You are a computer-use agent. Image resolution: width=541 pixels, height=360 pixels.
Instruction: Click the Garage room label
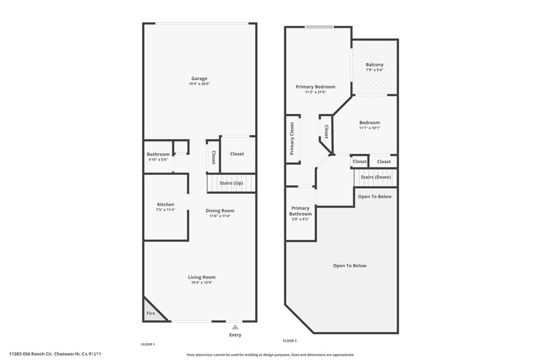point(199,79)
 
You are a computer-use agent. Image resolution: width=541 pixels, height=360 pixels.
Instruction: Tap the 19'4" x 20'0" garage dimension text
point(199,84)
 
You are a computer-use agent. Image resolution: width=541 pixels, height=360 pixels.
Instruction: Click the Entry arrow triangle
point(235,327)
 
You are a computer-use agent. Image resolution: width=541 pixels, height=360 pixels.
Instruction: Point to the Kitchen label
point(165,204)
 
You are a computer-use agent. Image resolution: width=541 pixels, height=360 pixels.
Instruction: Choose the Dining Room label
point(220,211)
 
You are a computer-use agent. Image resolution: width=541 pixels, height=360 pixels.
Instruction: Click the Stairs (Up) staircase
point(231,183)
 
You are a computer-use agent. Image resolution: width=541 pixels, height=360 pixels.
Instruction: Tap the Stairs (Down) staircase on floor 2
point(376,177)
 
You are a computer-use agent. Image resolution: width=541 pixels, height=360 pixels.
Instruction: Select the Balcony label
point(375,64)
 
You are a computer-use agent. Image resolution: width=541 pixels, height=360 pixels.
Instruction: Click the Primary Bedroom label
point(315,87)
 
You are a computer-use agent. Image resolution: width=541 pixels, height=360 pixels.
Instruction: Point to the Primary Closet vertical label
point(292,138)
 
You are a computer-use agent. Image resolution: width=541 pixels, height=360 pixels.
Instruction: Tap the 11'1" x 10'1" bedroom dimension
point(369,128)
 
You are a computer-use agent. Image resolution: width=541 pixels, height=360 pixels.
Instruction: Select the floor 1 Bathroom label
point(158,154)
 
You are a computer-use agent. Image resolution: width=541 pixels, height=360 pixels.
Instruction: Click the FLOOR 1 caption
point(147,344)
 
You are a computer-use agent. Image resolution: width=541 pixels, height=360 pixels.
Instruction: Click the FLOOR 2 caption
point(290,341)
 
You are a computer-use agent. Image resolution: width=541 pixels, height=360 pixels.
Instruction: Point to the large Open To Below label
point(349,266)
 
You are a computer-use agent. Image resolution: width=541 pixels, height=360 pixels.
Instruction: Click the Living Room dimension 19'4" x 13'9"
point(202,282)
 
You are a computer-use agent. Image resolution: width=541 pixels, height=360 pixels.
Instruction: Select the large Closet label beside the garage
point(237,154)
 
